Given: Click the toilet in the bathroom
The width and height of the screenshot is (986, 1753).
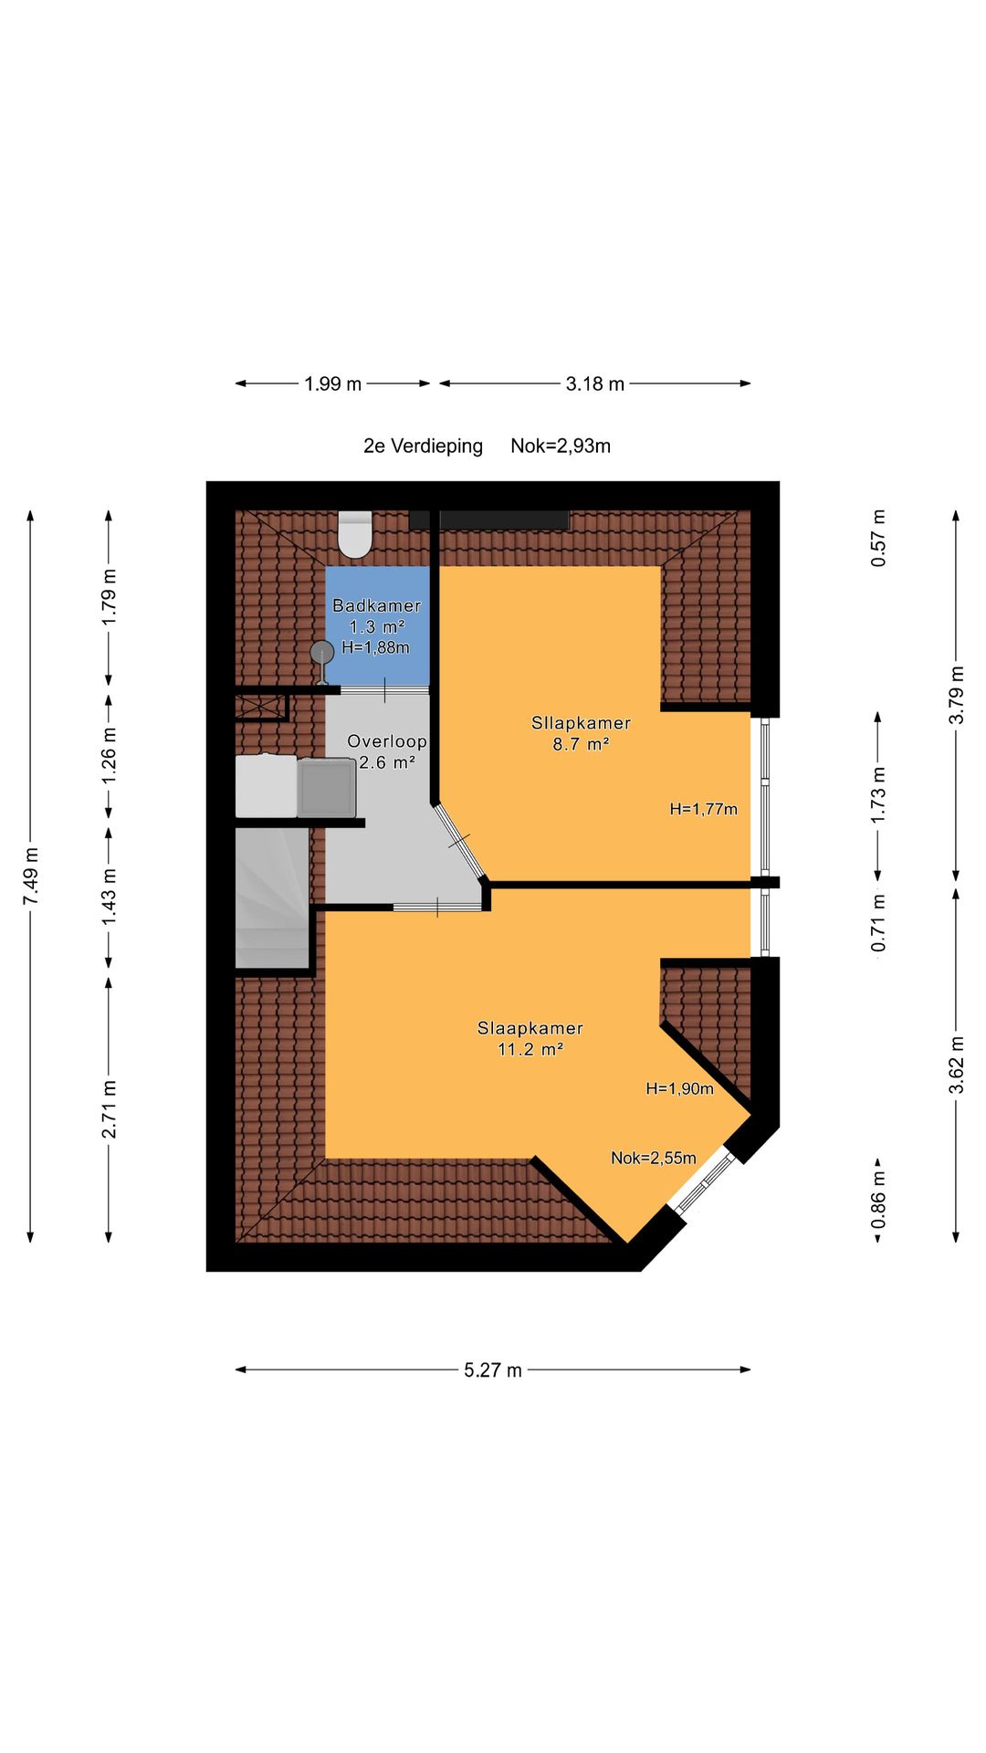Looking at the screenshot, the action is pyautogui.click(x=355, y=534).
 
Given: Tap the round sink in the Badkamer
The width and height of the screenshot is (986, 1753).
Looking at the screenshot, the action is pyautogui.click(x=321, y=653).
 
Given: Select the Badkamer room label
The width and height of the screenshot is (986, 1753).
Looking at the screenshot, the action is pyautogui.click(x=376, y=605).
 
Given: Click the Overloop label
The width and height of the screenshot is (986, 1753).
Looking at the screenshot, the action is pyautogui.click(x=387, y=741).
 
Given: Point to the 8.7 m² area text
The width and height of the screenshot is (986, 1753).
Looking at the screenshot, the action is pyautogui.click(x=581, y=744).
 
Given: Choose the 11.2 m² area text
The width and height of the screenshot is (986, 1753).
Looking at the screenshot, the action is pyautogui.click(x=530, y=1049).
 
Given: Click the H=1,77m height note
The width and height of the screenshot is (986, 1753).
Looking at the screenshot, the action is pyautogui.click(x=703, y=809).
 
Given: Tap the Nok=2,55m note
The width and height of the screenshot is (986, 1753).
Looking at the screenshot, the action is pyautogui.click(x=654, y=1158).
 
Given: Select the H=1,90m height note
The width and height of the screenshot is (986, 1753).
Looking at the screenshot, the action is pyautogui.click(x=679, y=1088).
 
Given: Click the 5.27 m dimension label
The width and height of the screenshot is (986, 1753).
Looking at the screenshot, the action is pyautogui.click(x=493, y=1370).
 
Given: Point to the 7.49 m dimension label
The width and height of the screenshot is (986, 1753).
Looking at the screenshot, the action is pyautogui.click(x=31, y=876).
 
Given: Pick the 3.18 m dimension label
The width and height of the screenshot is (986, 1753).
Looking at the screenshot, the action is pyautogui.click(x=595, y=383).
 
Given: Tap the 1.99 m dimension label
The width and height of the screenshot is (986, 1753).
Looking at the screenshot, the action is pyautogui.click(x=333, y=383).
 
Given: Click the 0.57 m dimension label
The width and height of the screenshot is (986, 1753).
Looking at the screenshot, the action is pyautogui.click(x=878, y=538).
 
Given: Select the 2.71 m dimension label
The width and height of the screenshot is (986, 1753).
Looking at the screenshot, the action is pyautogui.click(x=109, y=1109).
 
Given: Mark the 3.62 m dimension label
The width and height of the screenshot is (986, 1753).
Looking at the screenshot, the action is pyautogui.click(x=956, y=1064).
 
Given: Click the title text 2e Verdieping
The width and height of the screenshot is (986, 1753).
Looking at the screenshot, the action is pyautogui.click(x=423, y=446).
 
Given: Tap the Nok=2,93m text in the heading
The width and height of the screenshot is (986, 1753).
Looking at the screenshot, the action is pyautogui.click(x=561, y=446).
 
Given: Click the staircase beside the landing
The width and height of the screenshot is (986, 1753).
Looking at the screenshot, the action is pyautogui.click(x=272, y=897).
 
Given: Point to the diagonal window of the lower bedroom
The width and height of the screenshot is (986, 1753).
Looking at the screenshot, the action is pyautogui.click(x=704, y=1182).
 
